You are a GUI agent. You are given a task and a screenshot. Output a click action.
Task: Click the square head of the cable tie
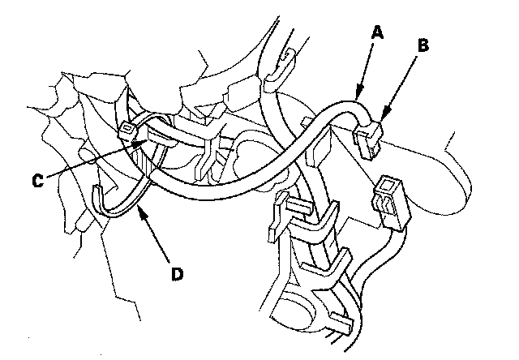click(x=128, y=130)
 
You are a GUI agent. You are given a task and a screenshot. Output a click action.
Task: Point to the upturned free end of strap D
click(x=100, y=192)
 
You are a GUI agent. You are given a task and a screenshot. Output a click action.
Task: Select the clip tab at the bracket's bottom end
click(x=341, y=324)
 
